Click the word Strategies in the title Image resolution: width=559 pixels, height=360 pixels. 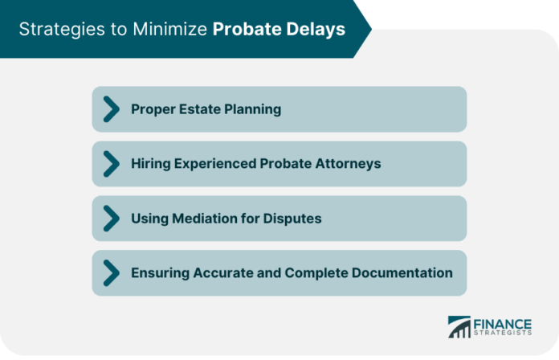[62, 30]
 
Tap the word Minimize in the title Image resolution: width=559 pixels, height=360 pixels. [169, 29]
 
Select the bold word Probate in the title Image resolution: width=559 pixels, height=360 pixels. [247, 29]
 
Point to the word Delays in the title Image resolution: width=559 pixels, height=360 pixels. [316, 30]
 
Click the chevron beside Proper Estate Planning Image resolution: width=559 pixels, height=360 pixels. [111, 109]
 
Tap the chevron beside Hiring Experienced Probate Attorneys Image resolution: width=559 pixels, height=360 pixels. [111, 164]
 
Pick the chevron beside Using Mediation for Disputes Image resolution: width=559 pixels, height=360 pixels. [111, 219]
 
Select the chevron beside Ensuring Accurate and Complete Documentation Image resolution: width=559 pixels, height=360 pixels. [111, 273]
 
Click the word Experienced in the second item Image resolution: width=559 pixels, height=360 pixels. [215, 164]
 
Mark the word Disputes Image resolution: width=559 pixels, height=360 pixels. [292, 219]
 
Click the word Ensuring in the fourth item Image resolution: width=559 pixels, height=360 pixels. [160, 273]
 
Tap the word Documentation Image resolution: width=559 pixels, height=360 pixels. [402, 273]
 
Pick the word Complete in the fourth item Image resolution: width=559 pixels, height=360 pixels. [316, 273]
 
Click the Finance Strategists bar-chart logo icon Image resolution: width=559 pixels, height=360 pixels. [459, 326]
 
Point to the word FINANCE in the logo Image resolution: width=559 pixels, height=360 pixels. [502, 325]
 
